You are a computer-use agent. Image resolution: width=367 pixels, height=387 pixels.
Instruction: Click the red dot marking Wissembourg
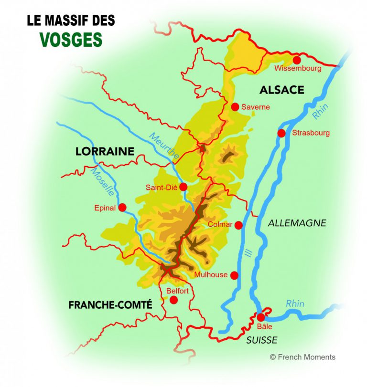[297, 60]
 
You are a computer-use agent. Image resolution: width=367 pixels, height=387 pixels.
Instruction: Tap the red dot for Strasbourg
[281, 133]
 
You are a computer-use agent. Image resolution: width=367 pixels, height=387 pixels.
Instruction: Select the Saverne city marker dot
[235, 107]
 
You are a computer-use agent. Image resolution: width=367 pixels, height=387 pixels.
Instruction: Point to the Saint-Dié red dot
[183, 187]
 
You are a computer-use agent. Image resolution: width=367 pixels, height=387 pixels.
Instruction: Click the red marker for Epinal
[122, 208]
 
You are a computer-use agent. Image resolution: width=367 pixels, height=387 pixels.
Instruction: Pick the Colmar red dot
[238, 225]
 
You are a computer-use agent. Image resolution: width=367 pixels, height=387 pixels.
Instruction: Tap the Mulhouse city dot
[234, 275]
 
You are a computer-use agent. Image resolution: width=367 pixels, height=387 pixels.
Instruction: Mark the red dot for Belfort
[173, 300]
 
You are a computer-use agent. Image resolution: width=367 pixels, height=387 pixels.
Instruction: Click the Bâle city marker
[260, 317]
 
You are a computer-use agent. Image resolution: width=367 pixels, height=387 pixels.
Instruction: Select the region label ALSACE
[281, 90]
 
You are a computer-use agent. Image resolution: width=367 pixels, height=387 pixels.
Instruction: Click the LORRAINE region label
[105, 152]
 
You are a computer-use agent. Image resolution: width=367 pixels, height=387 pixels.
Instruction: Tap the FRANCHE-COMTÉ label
[110, 304]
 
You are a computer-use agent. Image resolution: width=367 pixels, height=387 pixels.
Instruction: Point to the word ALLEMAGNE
[297, 223]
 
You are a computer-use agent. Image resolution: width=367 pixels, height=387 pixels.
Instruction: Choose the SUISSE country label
[262, 340]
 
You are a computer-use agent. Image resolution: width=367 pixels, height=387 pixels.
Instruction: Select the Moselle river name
[102, 180]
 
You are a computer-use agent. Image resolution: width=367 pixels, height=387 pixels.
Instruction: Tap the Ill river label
[247, 255]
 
